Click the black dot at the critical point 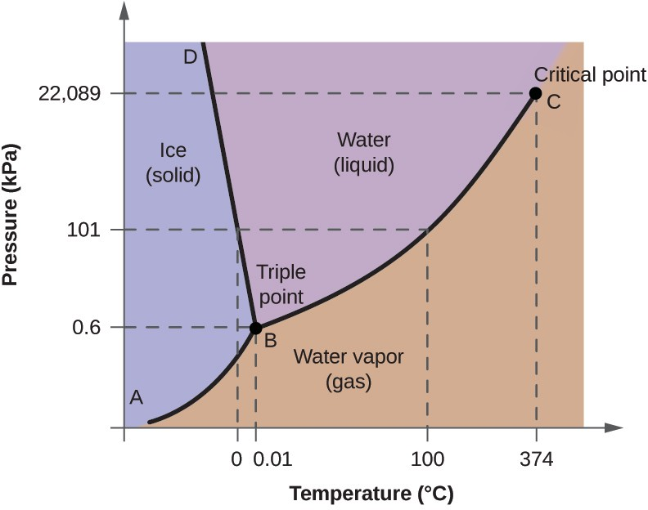click(535, 93)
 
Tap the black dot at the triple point click(255, 328)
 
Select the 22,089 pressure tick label click(70, 94)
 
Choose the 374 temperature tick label click(537, 459)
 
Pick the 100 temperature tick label click(428, 459)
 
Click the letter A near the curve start click(137, 398)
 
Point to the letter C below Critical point click(554, 102)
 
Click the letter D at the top click(190, 57)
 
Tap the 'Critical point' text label click(590, 75)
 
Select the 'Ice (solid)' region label click(173, 163)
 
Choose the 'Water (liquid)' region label click(364, 153)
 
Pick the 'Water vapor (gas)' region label click(349, 369)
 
